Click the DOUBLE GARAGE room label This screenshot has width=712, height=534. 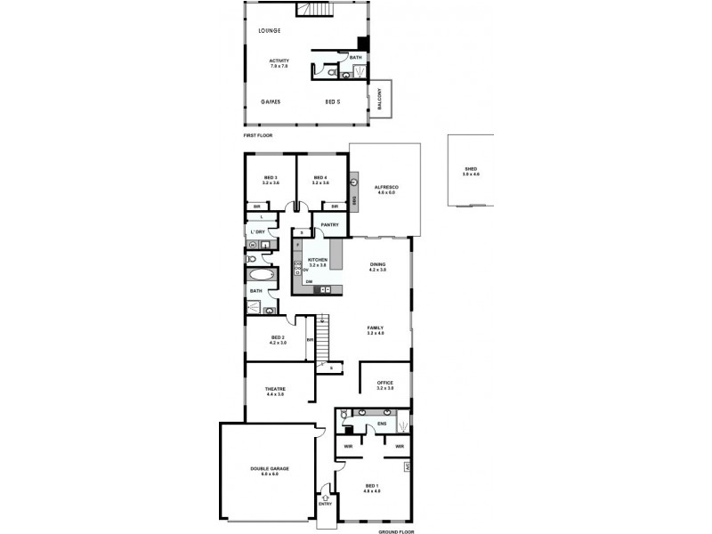270,468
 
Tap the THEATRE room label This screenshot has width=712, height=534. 274,389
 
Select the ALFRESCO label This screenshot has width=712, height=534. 385,187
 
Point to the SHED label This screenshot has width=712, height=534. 471,169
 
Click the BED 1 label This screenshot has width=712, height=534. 371,486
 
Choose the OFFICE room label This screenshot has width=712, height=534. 384,383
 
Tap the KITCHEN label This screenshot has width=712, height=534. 318,260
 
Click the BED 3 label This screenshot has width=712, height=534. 271,178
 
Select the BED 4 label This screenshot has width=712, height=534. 321,178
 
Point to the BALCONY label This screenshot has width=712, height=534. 380,99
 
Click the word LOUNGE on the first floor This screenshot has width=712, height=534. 270,31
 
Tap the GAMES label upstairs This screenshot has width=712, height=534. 271,101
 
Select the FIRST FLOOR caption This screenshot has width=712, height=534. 258,135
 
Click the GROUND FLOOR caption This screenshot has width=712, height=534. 396,531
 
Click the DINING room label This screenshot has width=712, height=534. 377,264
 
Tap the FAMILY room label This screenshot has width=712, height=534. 375,328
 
